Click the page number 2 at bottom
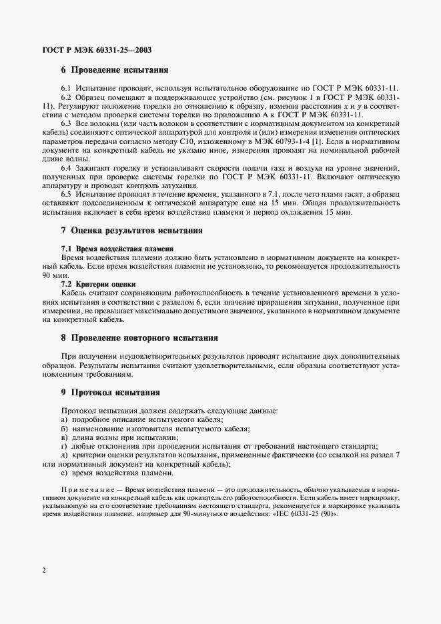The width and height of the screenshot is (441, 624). [43, 571]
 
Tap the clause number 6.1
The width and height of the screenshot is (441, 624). [67, 89]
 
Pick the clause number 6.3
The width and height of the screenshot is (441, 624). [67, 124]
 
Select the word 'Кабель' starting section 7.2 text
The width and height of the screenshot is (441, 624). [73, 292]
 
